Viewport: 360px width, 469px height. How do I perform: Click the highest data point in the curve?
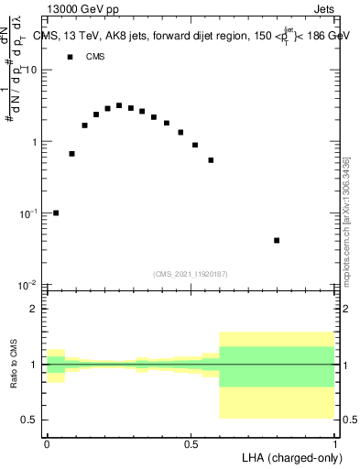[119, 105]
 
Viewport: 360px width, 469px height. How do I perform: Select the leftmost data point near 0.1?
[56, 213]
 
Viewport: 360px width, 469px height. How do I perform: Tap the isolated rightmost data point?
[277, 240]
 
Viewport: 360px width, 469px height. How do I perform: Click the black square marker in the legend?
[70, 57]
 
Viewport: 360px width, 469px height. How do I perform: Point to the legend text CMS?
[95, 57]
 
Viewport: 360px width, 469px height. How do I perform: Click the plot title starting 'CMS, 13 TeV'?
[188, 36]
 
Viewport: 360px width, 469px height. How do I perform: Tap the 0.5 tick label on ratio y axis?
[31, 420]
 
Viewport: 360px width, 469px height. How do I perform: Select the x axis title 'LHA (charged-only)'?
[292, 457]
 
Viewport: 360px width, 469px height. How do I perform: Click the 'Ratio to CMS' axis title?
[14, 365]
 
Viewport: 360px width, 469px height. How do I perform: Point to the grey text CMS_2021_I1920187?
[191, 274]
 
